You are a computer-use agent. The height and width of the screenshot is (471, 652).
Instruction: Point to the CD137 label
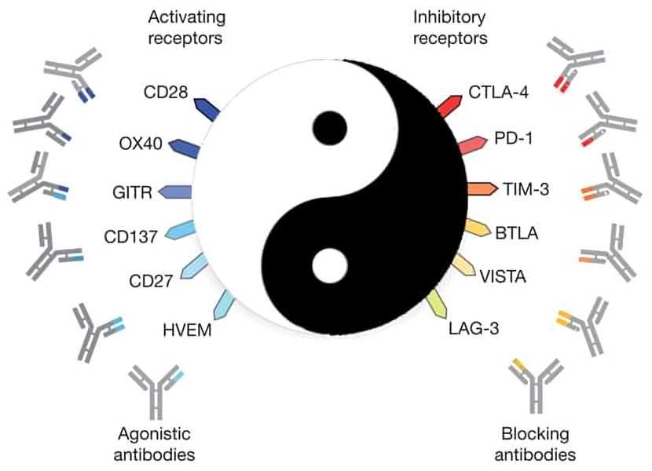pyautogui.click(x=130, y=235)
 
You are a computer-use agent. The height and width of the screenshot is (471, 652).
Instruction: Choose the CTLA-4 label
pyautogui.click(x=498, y=93)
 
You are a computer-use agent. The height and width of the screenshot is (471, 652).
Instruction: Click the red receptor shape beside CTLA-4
pyautogui.click(x=448, y=104)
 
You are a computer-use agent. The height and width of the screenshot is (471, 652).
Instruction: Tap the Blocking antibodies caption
pyautogui.click(x=538, y=444)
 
